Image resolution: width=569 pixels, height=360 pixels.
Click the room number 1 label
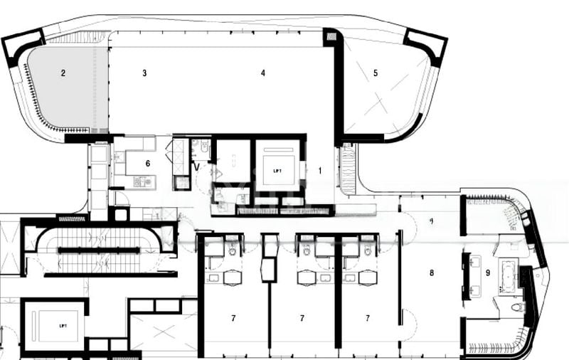coord(320,171)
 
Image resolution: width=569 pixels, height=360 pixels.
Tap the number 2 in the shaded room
coord(63,73)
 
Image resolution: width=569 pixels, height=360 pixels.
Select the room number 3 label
coord(144,73)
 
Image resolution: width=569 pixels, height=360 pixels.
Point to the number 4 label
coord(263,73)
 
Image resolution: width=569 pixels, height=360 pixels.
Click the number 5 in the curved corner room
coord(376,73)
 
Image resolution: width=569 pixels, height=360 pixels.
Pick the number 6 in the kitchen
coord(148,163)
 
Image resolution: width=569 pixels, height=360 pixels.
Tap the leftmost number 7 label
coord(233,317)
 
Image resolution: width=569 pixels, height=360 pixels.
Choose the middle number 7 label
coord(302,317)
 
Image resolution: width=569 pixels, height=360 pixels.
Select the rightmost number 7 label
coord(368,317)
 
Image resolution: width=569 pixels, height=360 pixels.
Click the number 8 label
coord(431,272)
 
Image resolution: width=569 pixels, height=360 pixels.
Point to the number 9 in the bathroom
coord(488,272)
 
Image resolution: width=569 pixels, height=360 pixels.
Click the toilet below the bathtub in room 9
coord(517,307)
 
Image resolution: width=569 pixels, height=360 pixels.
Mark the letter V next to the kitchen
coord(197,168)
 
